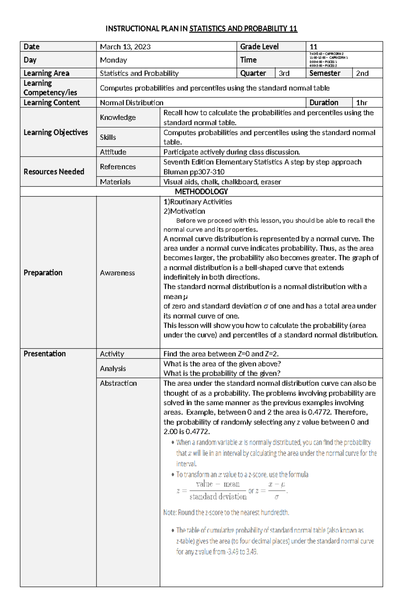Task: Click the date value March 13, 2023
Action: [x=125, y=47]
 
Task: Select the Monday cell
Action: [x=113, y=60]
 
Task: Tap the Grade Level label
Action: [x=259, y=47]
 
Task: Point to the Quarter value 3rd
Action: [x=284, y=73]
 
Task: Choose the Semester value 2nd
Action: [x=362, y=73]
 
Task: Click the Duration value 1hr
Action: [x=361, y=103]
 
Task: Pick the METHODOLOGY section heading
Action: [x=201, y=192]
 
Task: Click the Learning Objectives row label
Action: [x=56, y=132]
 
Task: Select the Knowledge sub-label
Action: [x=118, y=117]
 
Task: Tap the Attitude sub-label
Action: [x=113, y=152]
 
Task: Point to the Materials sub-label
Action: [x=115, y=182]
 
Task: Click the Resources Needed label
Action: [x=54, y=172]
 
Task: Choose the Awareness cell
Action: [x=117, y=273]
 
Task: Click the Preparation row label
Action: [x=43, y=273]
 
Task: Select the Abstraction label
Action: [x=118, y=383]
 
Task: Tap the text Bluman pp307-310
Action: [x=194, y=172]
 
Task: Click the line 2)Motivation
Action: [x=184, y=211]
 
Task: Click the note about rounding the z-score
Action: [x=226, y=513]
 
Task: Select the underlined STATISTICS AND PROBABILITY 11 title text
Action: [x=243, y=29]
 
